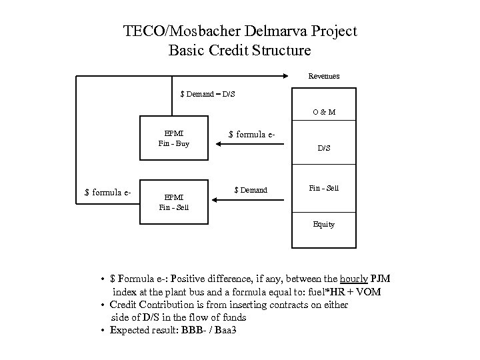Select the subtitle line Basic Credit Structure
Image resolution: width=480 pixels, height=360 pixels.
(x=240, y=50)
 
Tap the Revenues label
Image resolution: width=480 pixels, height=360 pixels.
(x=324, y=76)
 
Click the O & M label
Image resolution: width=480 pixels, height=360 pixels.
(x=324, y=112)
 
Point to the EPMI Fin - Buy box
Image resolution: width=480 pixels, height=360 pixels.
(x=173, y=139)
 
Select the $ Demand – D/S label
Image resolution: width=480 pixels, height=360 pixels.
(x=208, y=94)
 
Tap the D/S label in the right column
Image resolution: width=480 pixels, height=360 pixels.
(x=323, y=148)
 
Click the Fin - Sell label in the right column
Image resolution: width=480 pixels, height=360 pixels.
(x=323, y=188)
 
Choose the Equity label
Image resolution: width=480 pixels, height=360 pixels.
(x=324, y=224)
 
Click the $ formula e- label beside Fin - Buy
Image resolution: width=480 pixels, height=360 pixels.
(x=252, y=135)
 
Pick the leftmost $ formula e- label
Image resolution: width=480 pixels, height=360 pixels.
(x=108, y=193)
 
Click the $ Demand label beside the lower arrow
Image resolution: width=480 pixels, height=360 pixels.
(x=251, y=191)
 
